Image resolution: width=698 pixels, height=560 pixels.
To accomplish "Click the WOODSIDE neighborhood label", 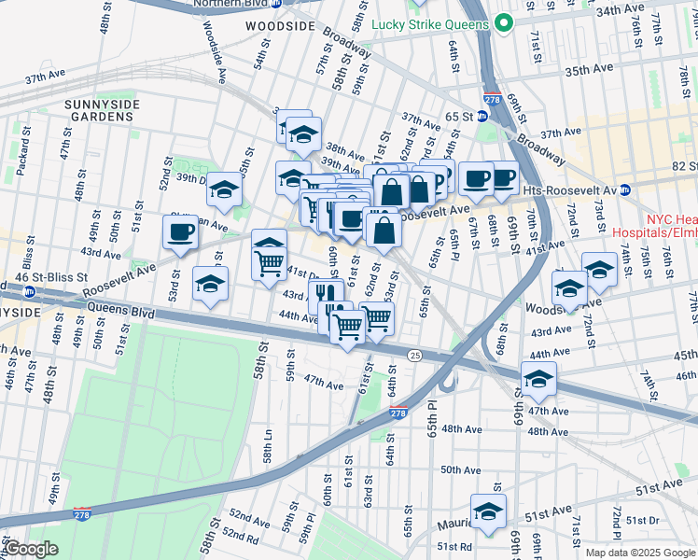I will (280, 27).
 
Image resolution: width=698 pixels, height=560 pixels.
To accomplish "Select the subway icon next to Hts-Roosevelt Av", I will (624, 189).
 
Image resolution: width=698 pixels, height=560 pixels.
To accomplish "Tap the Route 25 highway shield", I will (415, 355).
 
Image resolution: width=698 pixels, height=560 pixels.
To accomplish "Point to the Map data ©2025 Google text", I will (640, 553).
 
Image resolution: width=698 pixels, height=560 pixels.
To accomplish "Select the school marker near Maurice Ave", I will (487, 511).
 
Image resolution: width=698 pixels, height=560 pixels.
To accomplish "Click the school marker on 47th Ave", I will (538, 379).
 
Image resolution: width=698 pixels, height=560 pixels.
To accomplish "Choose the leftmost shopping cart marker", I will (270, 259).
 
